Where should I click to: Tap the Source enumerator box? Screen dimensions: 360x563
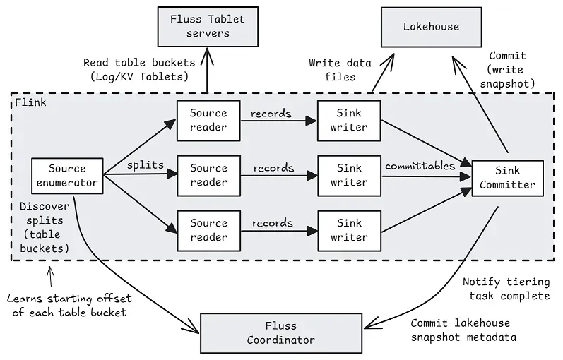tap(68, 176)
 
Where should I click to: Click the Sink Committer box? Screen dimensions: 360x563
tap(507, 178)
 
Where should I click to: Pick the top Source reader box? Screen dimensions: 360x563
tap(208, 120)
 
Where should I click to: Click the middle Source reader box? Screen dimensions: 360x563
tap(208, 175)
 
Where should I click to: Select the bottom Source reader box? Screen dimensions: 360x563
tap(208, 230)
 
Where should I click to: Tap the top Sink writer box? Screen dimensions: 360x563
tap(349, 120)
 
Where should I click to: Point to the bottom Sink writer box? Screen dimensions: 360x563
tap(349, 230)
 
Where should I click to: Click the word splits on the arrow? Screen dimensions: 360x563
tap(146, 165)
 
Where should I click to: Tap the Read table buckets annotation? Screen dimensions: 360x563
tap(136, 69)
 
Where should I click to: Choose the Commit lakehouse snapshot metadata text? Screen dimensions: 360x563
tap(463, 330)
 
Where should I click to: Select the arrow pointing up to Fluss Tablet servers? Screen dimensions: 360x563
tap(207, 71)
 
